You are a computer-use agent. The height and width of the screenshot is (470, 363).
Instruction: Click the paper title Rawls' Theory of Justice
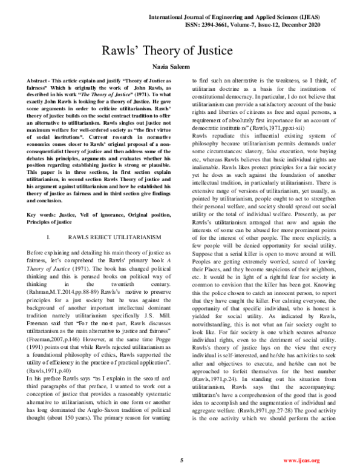tap(181, 51)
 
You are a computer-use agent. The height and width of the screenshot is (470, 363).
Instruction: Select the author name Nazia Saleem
tap(181, 69)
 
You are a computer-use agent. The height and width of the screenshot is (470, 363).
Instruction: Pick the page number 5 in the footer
tap(181, 460)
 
